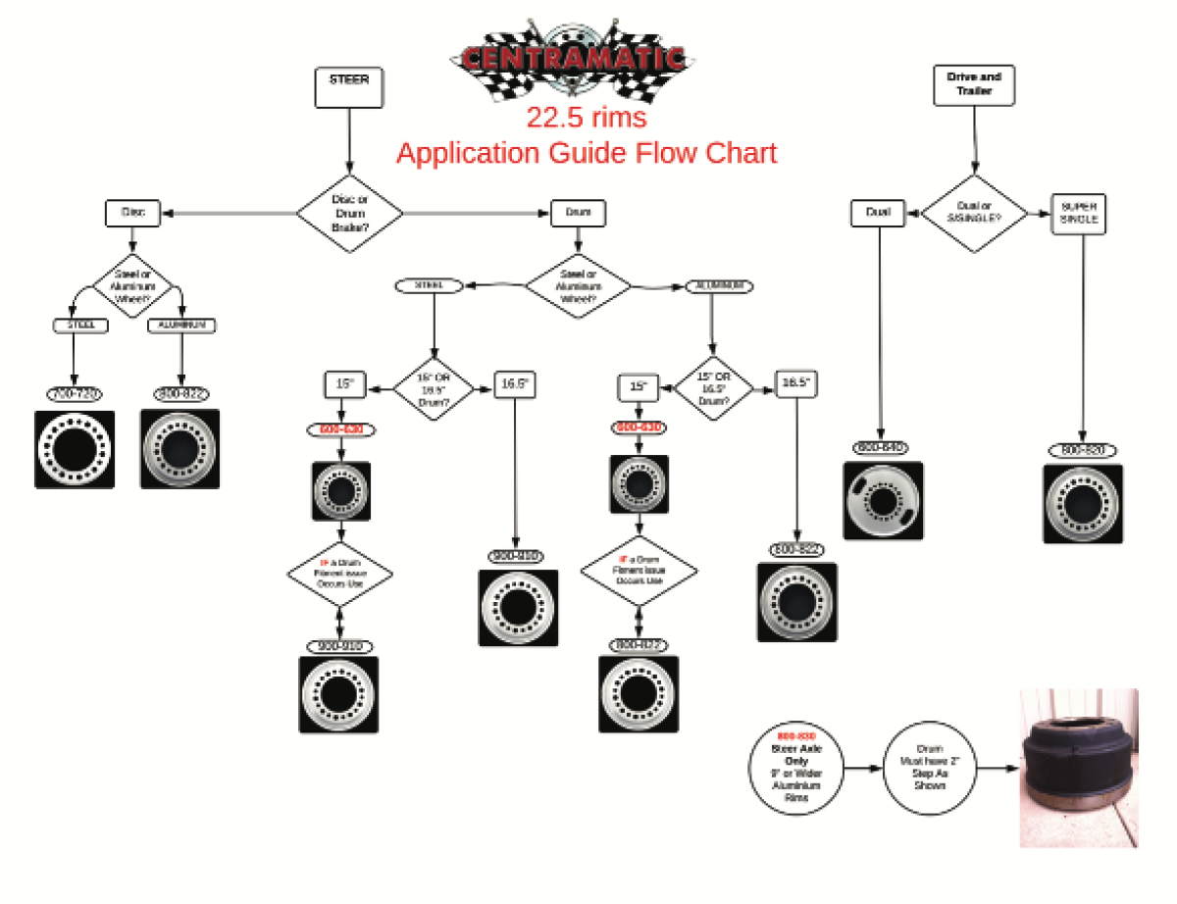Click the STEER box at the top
click(x=349, y=86)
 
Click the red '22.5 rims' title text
click(x=586, y=118)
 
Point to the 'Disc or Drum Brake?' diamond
click(x=350, y=212)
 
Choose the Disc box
click(x=132, y=212)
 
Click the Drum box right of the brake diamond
click(x=577, y=212)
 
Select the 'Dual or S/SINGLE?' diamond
click(x=973, y=213)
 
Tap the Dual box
click(x=878, y=212)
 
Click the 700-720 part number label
click(x=74, y=394)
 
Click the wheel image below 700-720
click(x=75, y=449)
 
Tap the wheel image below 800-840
click(x=883, y=501)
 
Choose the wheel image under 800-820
click(x=1083, y=503)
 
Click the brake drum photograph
click(x=1079, y=768)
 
